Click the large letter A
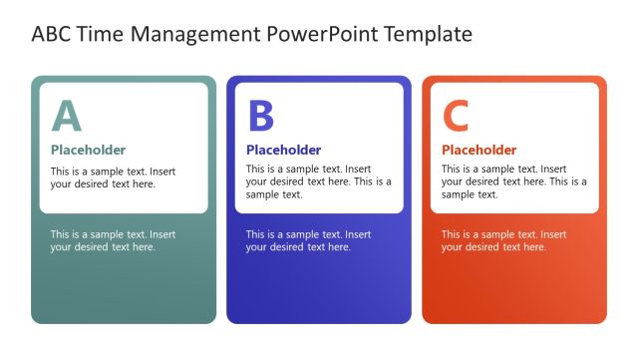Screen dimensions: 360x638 pyautogui.click(x=67, y=117)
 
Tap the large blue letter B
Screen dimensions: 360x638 pyautogui.click(x=260, y=117)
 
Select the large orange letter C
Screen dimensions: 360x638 pyautogui.click(x=456, y=117)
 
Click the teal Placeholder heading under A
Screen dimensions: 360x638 pyautogui.click(x=89, y=151)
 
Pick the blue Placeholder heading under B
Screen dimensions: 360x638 pyautogui.click(x=284, y=151)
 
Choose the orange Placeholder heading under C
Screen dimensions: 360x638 pyautogui.click(x=479, y=151)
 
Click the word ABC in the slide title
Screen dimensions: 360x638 pyautogui.click(x=53, y=35)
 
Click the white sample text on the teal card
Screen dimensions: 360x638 pyautogui.click(x=113, y=240)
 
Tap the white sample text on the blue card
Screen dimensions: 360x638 pyautogui.click(x=308, y=240)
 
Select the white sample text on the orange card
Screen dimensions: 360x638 pyautogui.click(x=503, y=240)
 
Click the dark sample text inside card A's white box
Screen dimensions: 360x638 pyautogui.click(x=113, y=178)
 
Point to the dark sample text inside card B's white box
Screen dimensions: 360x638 pyautogui.click(x=318, y=181)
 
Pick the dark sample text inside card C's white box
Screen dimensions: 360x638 pyautogui.click(x=513, y=181)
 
